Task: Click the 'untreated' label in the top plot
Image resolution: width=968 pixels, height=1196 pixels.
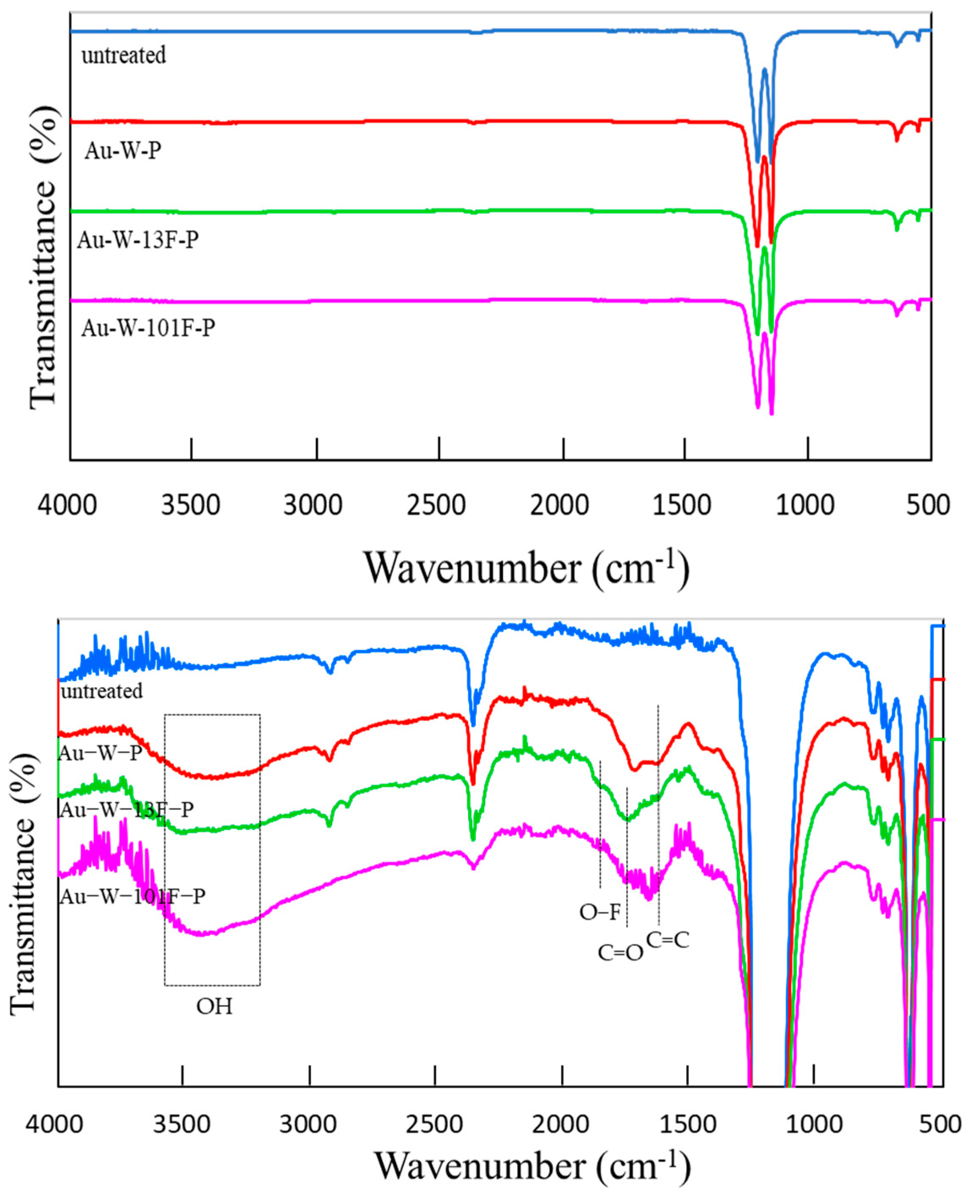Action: coord(124,55)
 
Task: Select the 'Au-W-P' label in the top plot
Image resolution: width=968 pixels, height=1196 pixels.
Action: coord(123,151)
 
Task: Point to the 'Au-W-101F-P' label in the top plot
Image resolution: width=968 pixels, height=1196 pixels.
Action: coord(148,328)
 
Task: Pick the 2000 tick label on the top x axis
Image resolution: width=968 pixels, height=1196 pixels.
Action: coord(563,505)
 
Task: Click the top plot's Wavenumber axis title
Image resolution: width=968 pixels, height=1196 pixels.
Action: coord(527,568)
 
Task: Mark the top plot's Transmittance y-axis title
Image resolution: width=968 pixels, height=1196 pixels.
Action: coord(44,257)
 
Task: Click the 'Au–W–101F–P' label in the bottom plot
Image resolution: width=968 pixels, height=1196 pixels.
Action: coord(132,896)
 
